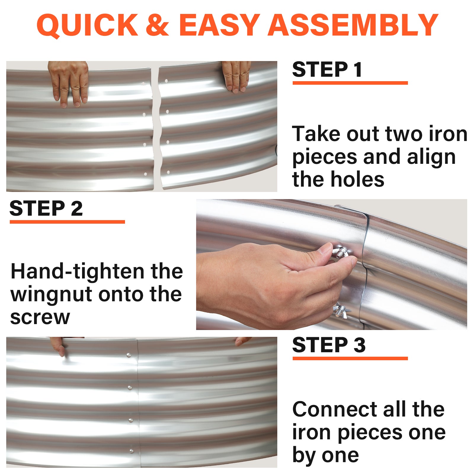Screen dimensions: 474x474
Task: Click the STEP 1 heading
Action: [x=327, y=70]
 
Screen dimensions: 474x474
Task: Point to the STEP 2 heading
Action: [x=46, y=208]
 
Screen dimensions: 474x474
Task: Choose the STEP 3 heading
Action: [x=329, y=345]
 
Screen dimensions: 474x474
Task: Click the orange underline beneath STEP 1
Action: [x=350, y=83]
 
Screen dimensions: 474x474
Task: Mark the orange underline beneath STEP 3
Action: [x=350, y=358]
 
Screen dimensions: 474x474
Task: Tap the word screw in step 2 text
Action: [x=40, y=318]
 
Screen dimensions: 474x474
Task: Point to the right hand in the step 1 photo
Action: [x=236, y=76]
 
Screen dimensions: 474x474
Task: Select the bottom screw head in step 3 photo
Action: [x=131, y=451]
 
